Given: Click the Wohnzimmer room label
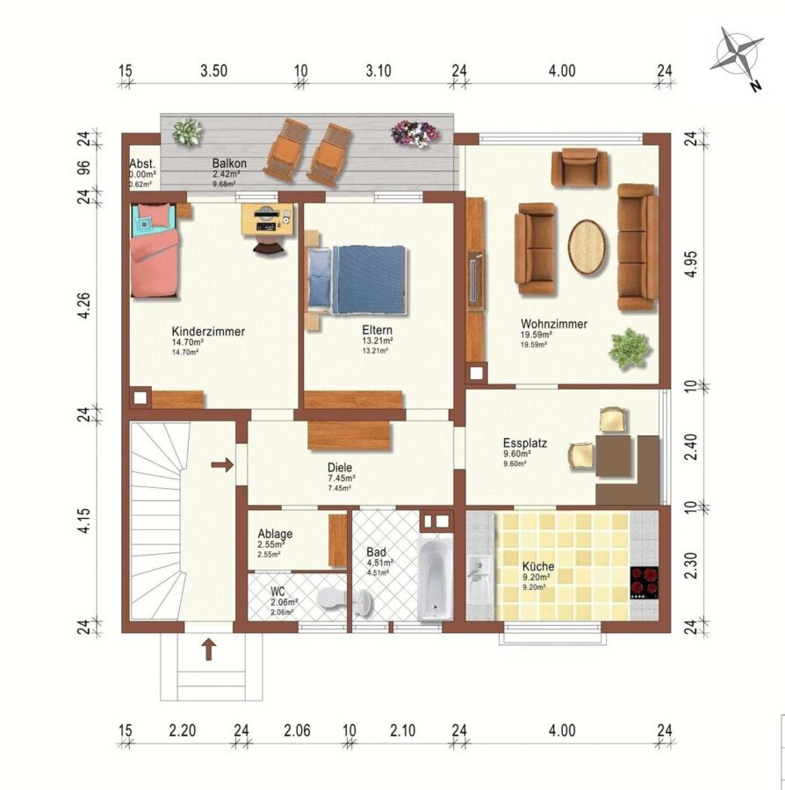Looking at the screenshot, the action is (554, 324).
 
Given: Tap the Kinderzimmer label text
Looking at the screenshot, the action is (208, 332).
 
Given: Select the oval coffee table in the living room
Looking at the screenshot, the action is (587, 247).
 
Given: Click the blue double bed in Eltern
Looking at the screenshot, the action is (356, 280).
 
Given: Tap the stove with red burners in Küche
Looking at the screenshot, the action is (644, 583).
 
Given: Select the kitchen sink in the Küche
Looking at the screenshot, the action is (479, 579).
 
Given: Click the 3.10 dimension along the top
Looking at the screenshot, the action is (378, 70).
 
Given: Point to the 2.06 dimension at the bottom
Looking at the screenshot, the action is (298, 730).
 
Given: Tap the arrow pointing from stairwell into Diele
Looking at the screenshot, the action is (221, 464).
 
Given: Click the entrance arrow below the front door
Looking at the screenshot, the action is (209, 650).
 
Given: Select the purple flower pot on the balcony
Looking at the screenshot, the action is (414, 133).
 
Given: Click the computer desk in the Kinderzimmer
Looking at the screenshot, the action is (267, 219).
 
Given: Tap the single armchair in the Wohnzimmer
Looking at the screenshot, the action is (580, 168).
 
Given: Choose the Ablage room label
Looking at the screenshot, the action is (275, 534).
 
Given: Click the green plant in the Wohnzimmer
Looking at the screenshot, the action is (630, 348).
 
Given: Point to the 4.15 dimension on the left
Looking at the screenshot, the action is (84, 521).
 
